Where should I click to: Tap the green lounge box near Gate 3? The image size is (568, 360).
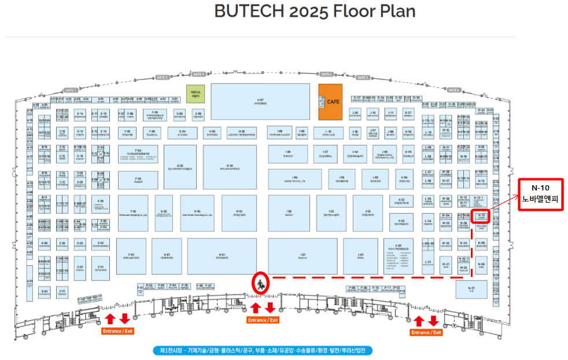coord(194,93)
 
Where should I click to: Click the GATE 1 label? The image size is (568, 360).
coord(71,90)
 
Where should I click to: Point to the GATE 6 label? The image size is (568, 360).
coord(453,90)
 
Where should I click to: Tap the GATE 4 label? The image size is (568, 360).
coord(326,74)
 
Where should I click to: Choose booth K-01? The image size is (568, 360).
coord(399,256)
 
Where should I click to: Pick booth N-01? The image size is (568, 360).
coord(471,289)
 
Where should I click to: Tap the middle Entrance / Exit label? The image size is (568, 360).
coord(263,320)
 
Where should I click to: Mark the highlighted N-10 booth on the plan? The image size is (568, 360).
coord(481,216)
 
